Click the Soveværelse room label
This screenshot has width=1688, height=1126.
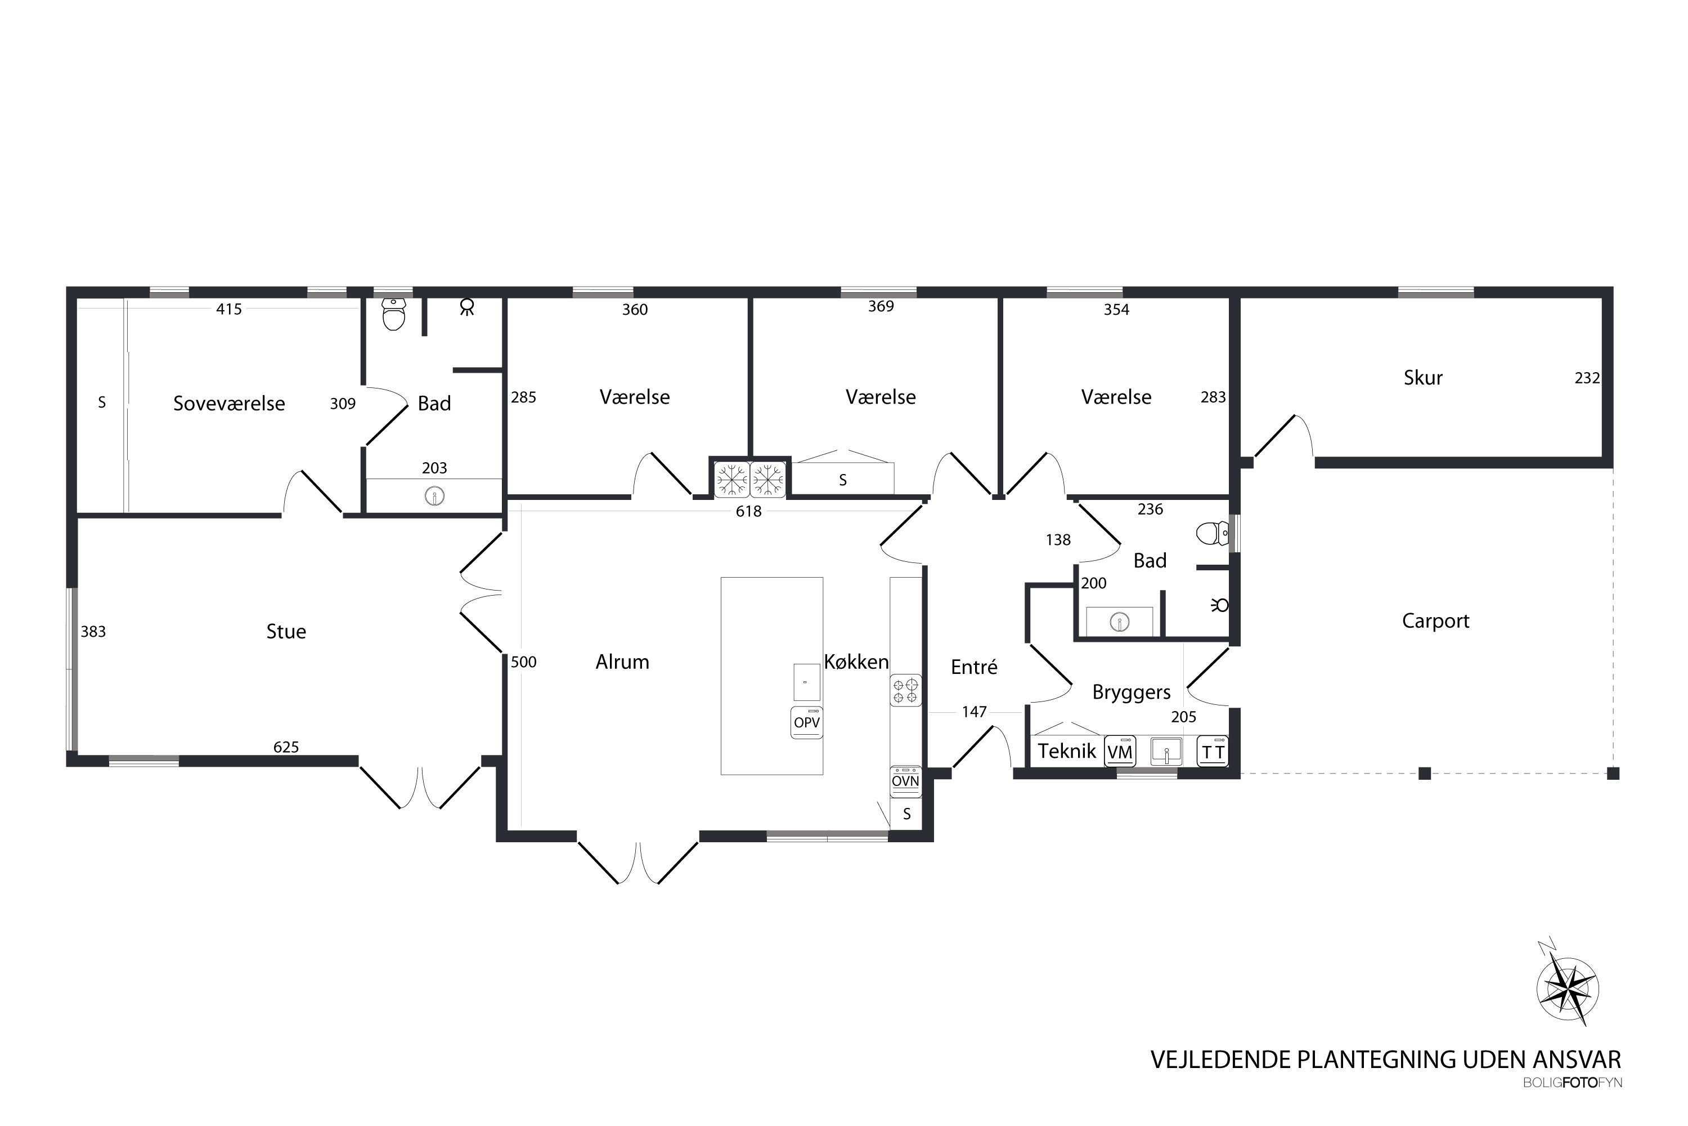pos(229,404)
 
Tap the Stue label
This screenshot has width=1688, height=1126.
pos(286,631)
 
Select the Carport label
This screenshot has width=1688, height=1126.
pos(1435,621)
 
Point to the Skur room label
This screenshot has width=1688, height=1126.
pos(1423,378)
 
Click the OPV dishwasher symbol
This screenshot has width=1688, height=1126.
pos(807,722)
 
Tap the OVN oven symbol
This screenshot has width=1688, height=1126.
pos(906,781)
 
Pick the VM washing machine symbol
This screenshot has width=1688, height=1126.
pos(1120,751)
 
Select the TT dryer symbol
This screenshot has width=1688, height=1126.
pos(1213,751)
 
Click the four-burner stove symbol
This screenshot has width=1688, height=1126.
pos(906,691)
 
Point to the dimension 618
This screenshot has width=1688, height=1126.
pos(748,511)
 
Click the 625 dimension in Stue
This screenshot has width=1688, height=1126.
pos(286,747)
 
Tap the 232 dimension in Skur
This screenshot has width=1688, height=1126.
pos(1587,378)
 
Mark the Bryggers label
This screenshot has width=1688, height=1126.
pos(1132,692)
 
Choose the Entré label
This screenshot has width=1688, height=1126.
pos(974,667)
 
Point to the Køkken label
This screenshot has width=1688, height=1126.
pos(856,662)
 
